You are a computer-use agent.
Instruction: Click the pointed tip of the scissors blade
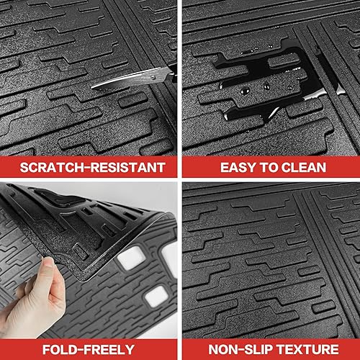[94, 88]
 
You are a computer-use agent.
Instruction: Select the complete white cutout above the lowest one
[131, 257]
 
